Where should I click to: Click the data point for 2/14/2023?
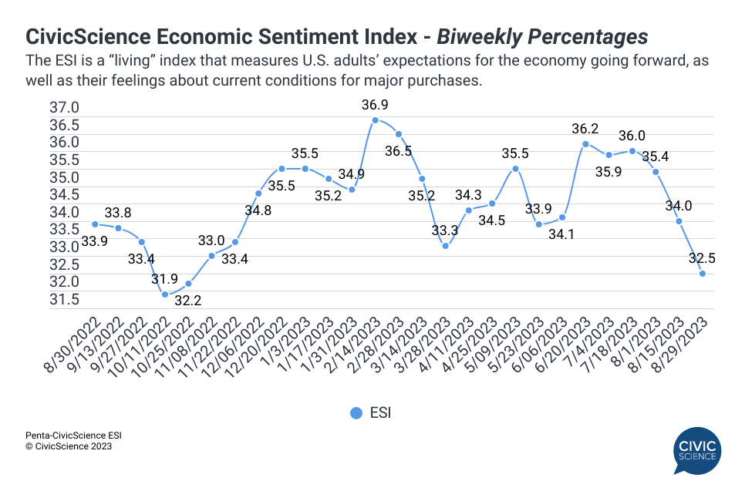coord(375,120)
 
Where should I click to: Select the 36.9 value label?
coord(375,104)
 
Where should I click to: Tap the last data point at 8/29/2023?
coord(703,274)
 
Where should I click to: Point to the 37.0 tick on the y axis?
coord(65,107)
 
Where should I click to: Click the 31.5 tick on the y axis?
coord(65,298)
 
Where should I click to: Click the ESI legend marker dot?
coord(356,413)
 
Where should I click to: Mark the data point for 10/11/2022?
coord(165,294)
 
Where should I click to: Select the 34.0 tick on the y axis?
coord(65,212)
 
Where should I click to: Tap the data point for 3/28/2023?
coord(445,246)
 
